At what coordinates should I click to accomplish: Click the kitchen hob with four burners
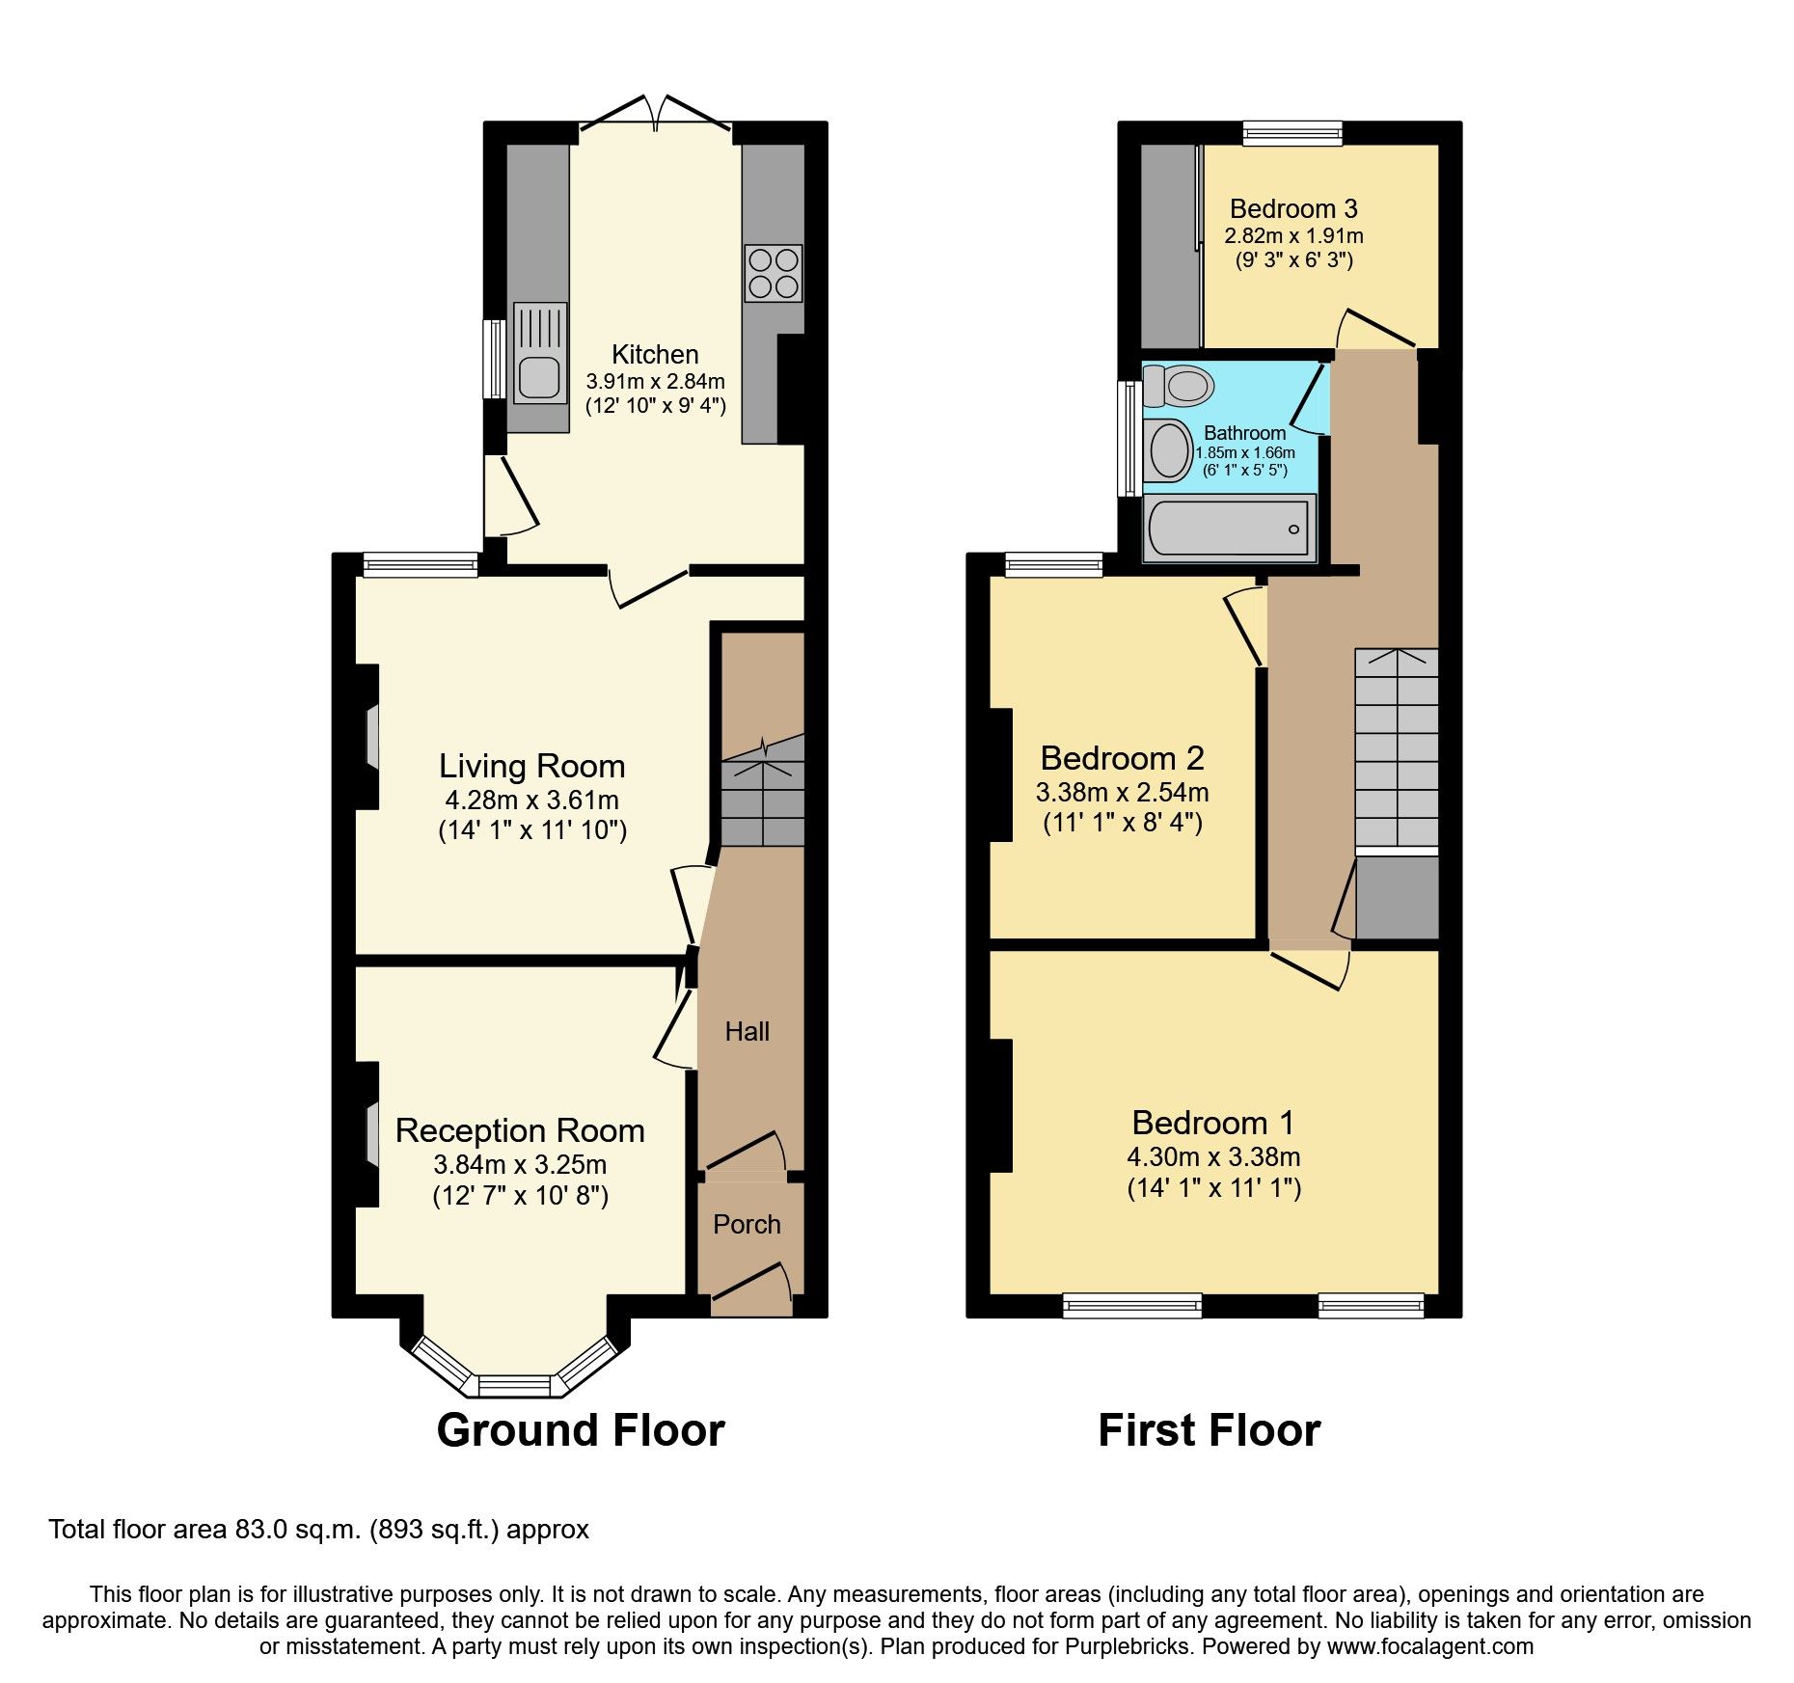coord(774,273)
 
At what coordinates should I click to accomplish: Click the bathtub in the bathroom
coord(1228,529)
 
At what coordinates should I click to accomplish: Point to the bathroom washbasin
coord(1170,449)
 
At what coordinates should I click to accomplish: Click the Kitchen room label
coord(655,354)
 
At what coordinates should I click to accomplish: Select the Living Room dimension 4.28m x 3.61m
coord(531,800)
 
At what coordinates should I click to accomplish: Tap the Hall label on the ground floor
coord(747,1032)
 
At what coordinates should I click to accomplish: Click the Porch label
coord(747,1224)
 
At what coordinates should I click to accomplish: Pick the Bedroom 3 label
coord(1293,208)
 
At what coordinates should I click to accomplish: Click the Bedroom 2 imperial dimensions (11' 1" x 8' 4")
coord(1123,823)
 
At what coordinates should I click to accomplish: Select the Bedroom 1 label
coord(1212,1123)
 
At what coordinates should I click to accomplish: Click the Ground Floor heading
coord(580,1430)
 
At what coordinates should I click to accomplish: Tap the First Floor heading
coord(1209,1430)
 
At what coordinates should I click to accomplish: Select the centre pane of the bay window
coord(514,1386)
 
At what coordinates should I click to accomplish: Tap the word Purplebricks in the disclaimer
coord(1127,1646)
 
